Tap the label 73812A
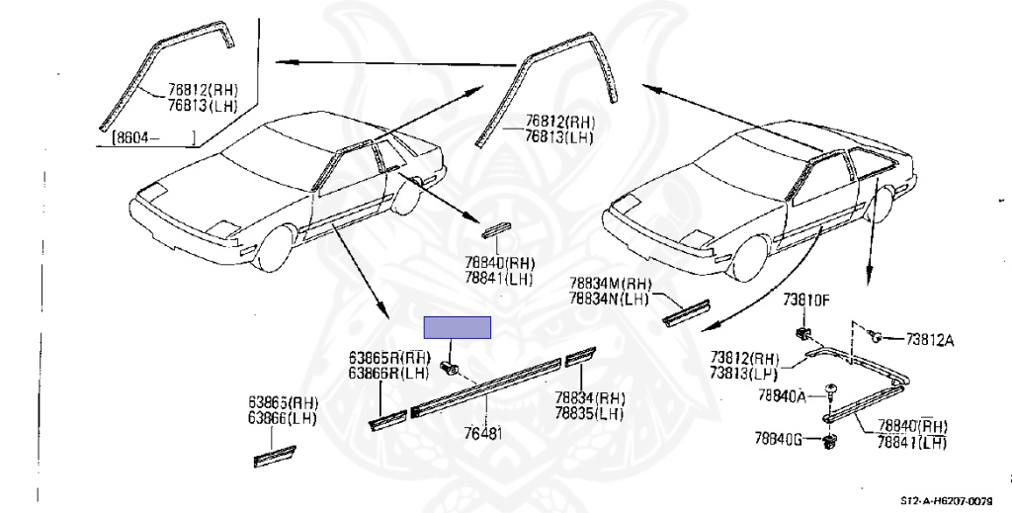click(x=930, y=340)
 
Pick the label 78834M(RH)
click(x=607, y=284)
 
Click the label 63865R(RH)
click(x=389, y=358)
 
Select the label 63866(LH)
click(x=283, y=419)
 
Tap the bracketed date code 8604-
click(x=153, y=137)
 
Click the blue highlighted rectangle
click(x=458, y=327)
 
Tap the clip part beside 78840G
click(x=827, y=440)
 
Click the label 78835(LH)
click(x=589, y=412)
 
